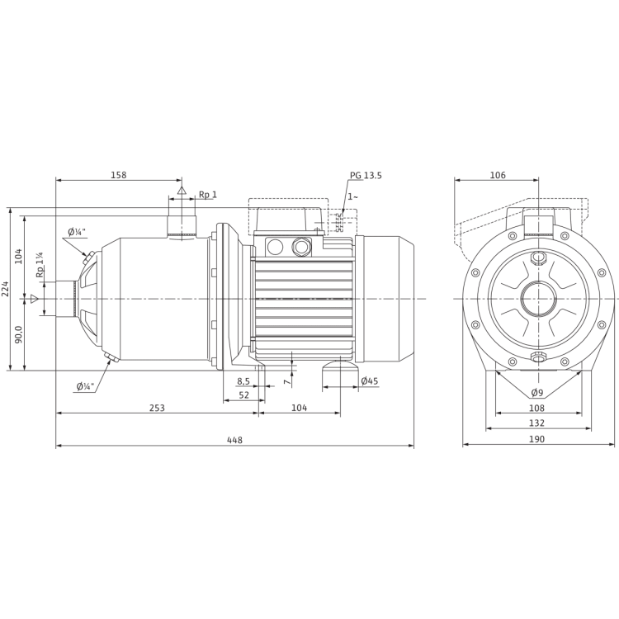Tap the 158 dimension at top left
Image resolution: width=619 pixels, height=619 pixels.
120,175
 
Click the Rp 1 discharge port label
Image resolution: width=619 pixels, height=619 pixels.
207,195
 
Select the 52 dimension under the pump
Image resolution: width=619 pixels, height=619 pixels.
243,395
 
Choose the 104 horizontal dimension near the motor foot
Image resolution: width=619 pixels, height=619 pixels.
301,408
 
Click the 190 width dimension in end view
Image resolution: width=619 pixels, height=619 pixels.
537,440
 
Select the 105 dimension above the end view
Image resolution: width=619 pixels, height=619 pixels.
498,175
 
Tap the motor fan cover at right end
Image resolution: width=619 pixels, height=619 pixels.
388,298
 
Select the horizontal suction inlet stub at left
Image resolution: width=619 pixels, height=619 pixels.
62,298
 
